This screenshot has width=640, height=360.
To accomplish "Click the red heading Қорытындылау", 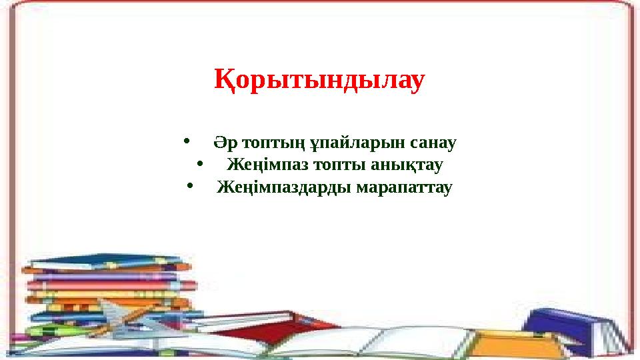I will point(319,81).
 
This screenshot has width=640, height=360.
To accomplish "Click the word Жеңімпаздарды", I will point(285,187).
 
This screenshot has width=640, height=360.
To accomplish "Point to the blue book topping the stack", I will point(107,261).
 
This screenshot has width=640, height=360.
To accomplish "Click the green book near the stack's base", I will point(50,330).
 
